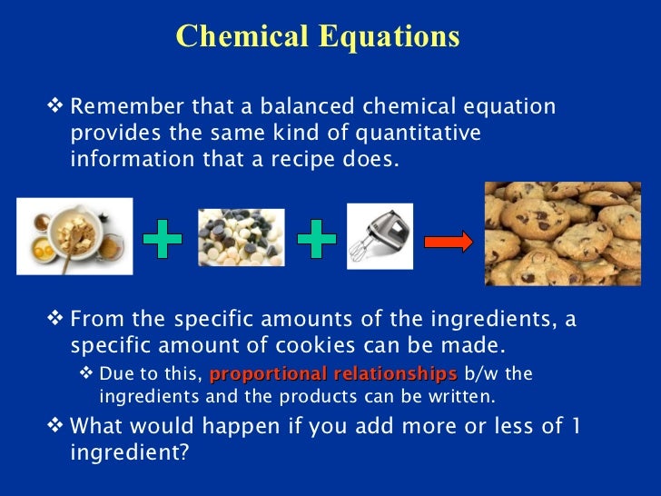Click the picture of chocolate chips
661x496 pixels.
click(x=241, y=237)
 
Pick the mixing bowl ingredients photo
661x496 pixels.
click(x=74, y=235)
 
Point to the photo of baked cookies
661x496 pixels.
click(x=572, y=233)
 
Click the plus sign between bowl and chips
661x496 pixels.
click(x=163, y=240)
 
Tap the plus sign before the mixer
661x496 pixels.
click(x=317, y=240)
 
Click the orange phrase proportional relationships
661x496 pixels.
click(x=333, y=374)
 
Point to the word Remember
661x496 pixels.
click(x=117, y=107)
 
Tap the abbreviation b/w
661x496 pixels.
click(x=481, y=374)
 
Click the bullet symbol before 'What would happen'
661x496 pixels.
click(x=56, y=425)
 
